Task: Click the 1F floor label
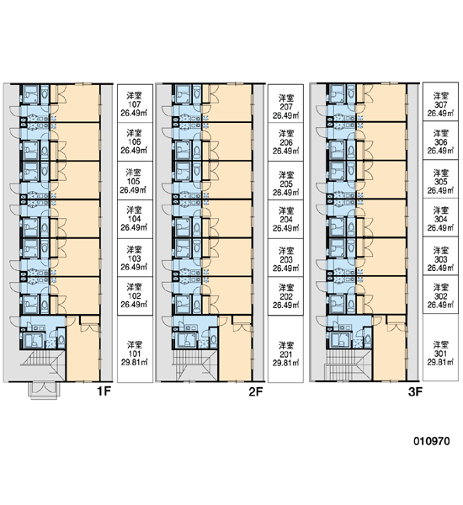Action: pos(104,391)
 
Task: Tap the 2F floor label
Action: pos(256,391)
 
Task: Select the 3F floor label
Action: pos(415,391)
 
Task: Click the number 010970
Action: pos(432,441)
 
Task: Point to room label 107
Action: pos(135,104)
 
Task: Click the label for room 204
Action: pos(286,220)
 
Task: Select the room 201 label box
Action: pos(286,349)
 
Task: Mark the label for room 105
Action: pos(135,181)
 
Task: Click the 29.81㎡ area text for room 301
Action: pos(440,362)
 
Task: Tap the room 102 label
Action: pos(135,296)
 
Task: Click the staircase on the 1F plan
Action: pos(43,365)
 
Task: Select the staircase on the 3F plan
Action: pos(348,365)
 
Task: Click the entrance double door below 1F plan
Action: pos(44,390)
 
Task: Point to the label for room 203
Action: pos(286,258)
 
